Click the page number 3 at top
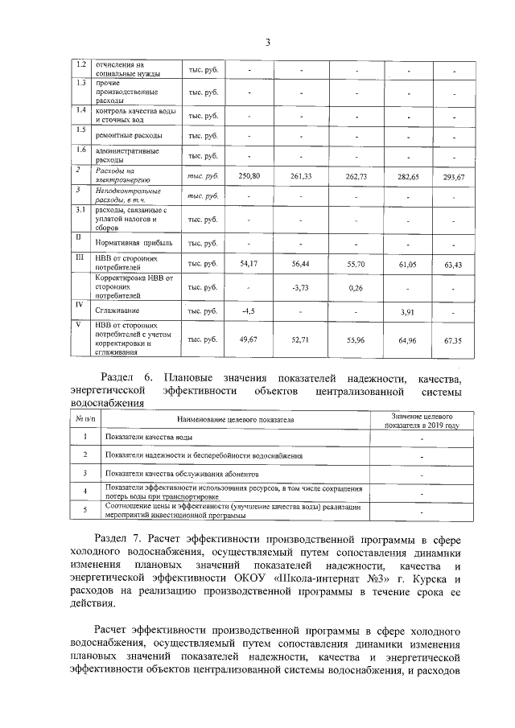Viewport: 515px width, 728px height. click(x=266, y=43)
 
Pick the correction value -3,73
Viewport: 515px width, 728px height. click(x=300, y=287)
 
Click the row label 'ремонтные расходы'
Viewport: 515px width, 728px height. click(x=129, y=135)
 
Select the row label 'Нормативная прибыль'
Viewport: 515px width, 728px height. click(x=134, y=243)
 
